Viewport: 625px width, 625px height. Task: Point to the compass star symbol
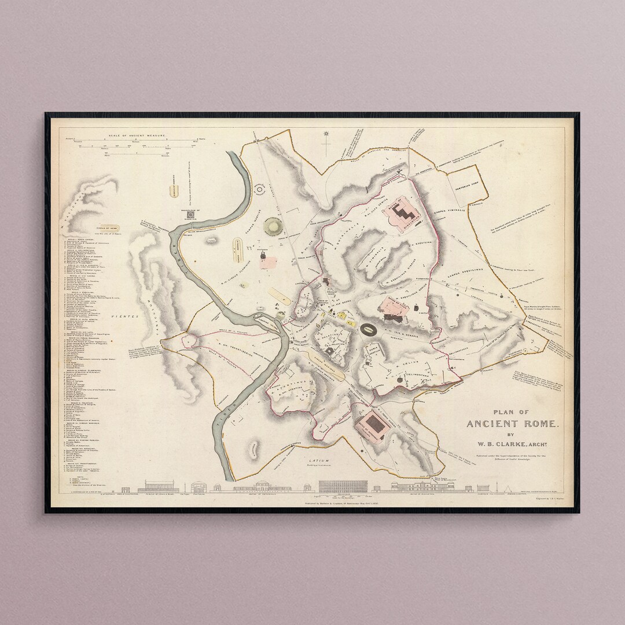(x=326, y=134)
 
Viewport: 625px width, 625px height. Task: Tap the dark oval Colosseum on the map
(x=368, y=330)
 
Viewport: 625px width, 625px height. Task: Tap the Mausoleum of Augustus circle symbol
(x=270, y=227)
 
